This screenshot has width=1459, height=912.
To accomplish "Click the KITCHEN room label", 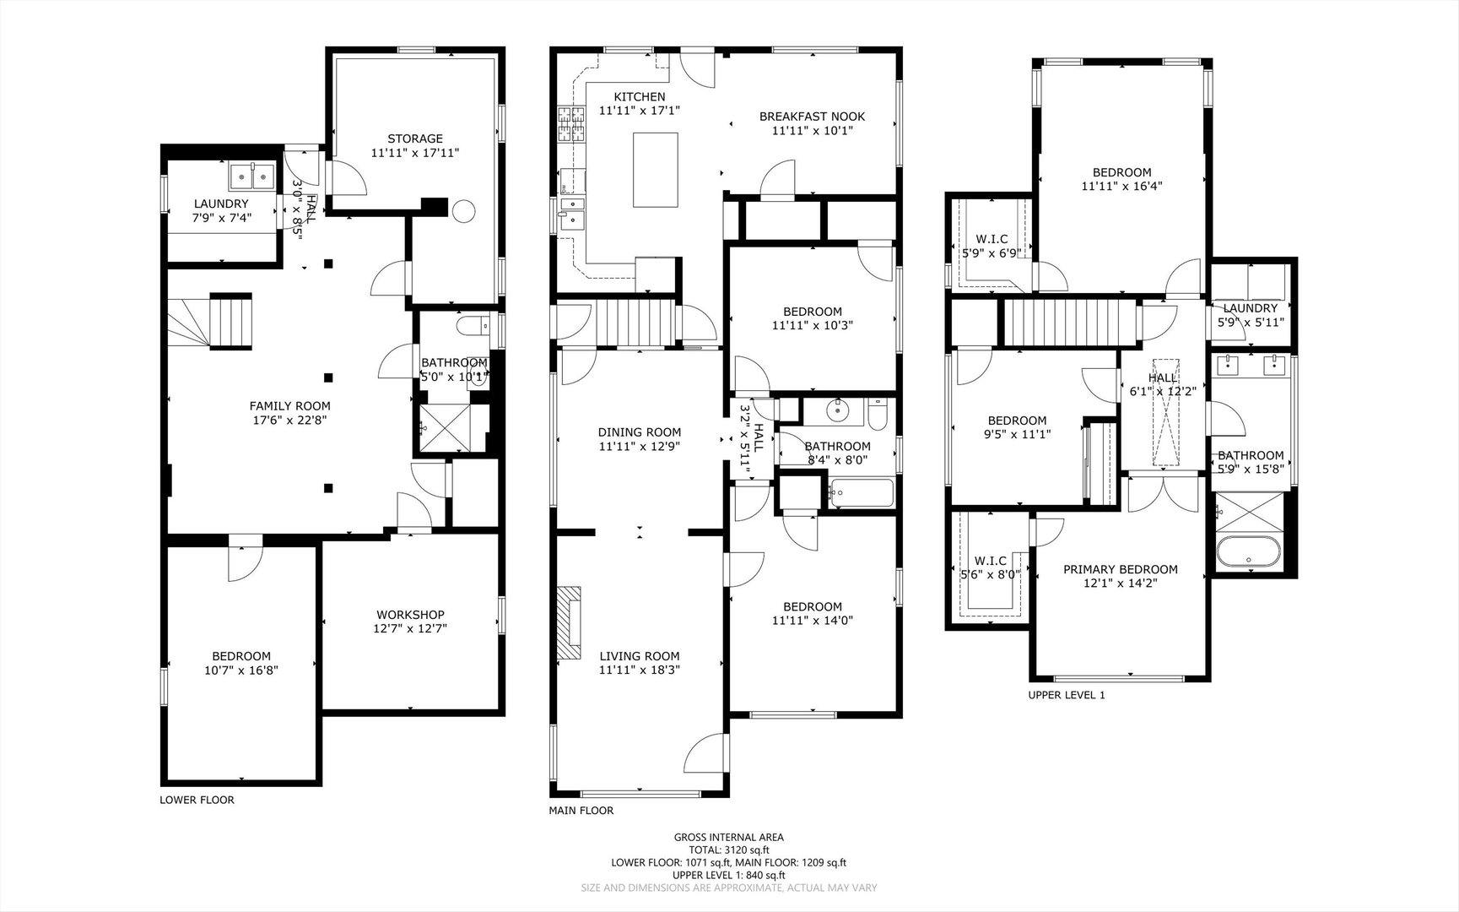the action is (x=640, y=97).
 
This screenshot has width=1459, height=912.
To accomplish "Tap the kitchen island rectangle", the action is (x=656, y=170).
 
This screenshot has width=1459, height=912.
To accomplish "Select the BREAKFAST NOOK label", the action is (x=812, y=117).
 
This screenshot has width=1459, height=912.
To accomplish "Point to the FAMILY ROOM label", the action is (x=289, y=406).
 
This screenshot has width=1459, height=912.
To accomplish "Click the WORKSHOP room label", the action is (x=410, y=615).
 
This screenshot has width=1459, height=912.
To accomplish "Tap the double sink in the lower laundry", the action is (x=252, y=177).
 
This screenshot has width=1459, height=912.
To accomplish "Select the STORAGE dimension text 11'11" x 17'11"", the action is (x=414, y=153).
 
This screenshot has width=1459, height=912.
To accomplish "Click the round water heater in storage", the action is (x=463, y=211).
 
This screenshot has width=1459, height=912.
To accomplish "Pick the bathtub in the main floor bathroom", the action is (x=861, y=493).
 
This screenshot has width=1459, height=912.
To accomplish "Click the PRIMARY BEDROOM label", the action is (x=1120, y=569).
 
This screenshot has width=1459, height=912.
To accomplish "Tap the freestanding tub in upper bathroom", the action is (x=1249, y=552).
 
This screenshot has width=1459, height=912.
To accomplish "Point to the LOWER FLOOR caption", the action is (x=197, y=800).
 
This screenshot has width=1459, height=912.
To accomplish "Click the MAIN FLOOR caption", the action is (x=581, y=811).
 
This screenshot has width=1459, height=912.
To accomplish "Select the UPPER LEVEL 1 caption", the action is (x=1066, y=695).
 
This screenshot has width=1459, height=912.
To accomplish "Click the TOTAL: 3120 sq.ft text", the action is (x=728, y=850).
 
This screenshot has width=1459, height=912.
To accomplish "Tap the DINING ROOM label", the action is (x=639, y=432).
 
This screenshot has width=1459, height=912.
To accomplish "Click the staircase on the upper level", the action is (x=1070, y=323).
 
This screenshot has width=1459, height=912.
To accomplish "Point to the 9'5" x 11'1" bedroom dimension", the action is (x=1017, y=435).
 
